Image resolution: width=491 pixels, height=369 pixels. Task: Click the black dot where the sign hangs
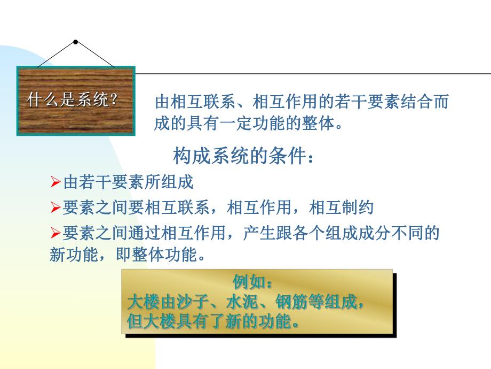(x=76, y=42)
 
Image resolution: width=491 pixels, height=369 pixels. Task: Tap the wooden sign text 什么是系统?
(x=72, y=100)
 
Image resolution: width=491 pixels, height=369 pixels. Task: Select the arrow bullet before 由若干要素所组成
(x=56, y=183)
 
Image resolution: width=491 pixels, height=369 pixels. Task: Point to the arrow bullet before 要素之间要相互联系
(x=56, y=208)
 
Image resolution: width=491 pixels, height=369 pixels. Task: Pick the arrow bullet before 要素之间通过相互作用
(x=56, y=233)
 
